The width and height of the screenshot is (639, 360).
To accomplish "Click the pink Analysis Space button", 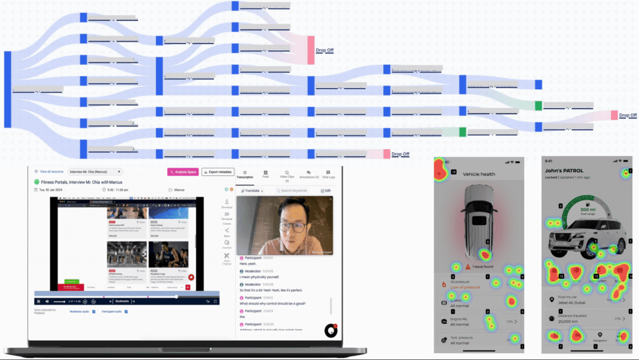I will click(x=182, y=172).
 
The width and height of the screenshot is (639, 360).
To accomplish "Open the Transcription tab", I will click(x=245, y=175).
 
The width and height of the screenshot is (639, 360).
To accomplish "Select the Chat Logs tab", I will click(x=328, y=175).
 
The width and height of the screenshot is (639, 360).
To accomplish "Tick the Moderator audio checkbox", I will click(x=94, y=311).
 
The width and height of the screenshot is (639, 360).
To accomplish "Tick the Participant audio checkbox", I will click(x=127, y=311).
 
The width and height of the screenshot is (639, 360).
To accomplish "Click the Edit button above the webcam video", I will click(x=326, y=190).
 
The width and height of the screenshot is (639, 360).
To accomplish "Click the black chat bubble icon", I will click(x=330, y=331).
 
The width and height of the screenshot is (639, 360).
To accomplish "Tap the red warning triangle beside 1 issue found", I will click(x=467, y=266).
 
